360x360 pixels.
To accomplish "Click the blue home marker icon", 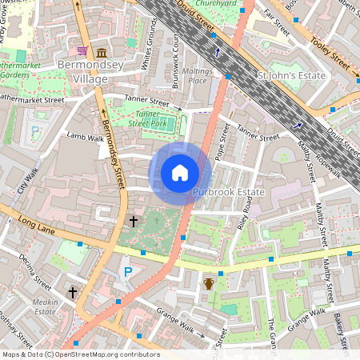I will coord(180,172).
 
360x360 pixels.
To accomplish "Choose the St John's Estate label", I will coord(291,76).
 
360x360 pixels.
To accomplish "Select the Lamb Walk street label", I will coord(86,138).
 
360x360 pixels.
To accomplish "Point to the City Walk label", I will coord(29,182).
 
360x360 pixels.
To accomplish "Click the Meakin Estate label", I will coord(46,307).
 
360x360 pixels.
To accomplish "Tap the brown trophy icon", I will coord(210,283).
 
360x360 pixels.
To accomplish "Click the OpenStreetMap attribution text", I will coord(80,354).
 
